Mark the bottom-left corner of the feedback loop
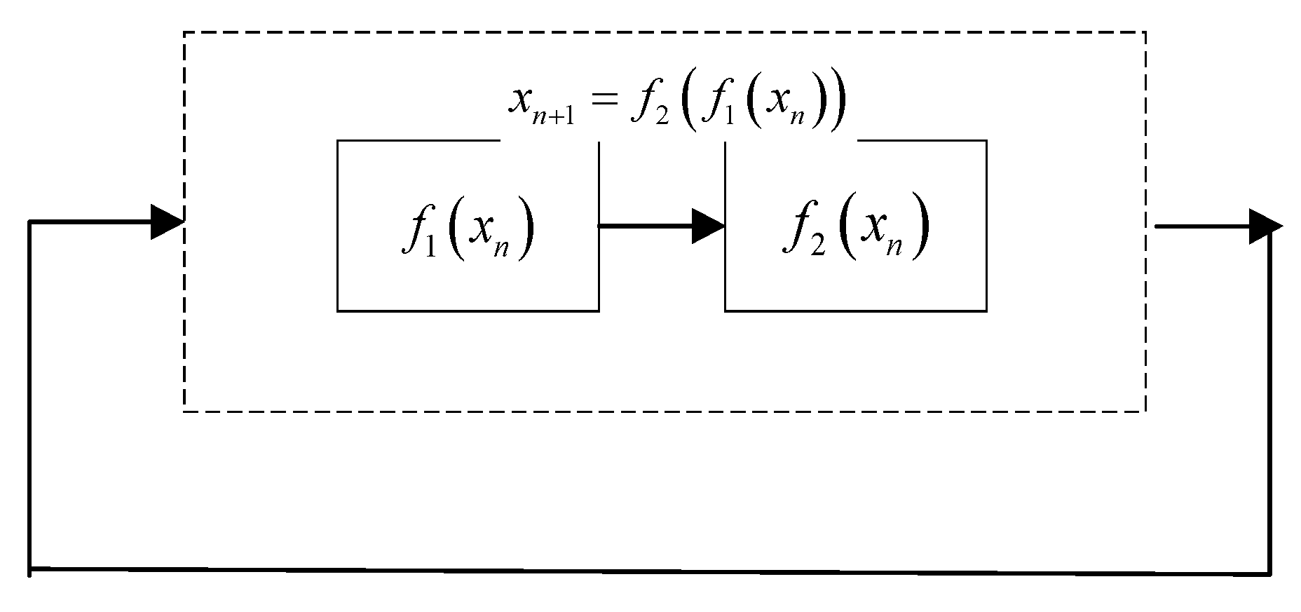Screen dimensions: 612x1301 (x=30, y=569)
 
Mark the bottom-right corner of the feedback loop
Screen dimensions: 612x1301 (x=1270, y=574)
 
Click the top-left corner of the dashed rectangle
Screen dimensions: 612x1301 (x=184, y=32)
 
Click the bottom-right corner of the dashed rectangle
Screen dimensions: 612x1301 (x=1145, y=411)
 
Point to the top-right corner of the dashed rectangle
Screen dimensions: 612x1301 (x=1145, y=32)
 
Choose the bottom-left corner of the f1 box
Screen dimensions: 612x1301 (x=338, y=310)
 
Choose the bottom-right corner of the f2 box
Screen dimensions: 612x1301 (x=986, y=310)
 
